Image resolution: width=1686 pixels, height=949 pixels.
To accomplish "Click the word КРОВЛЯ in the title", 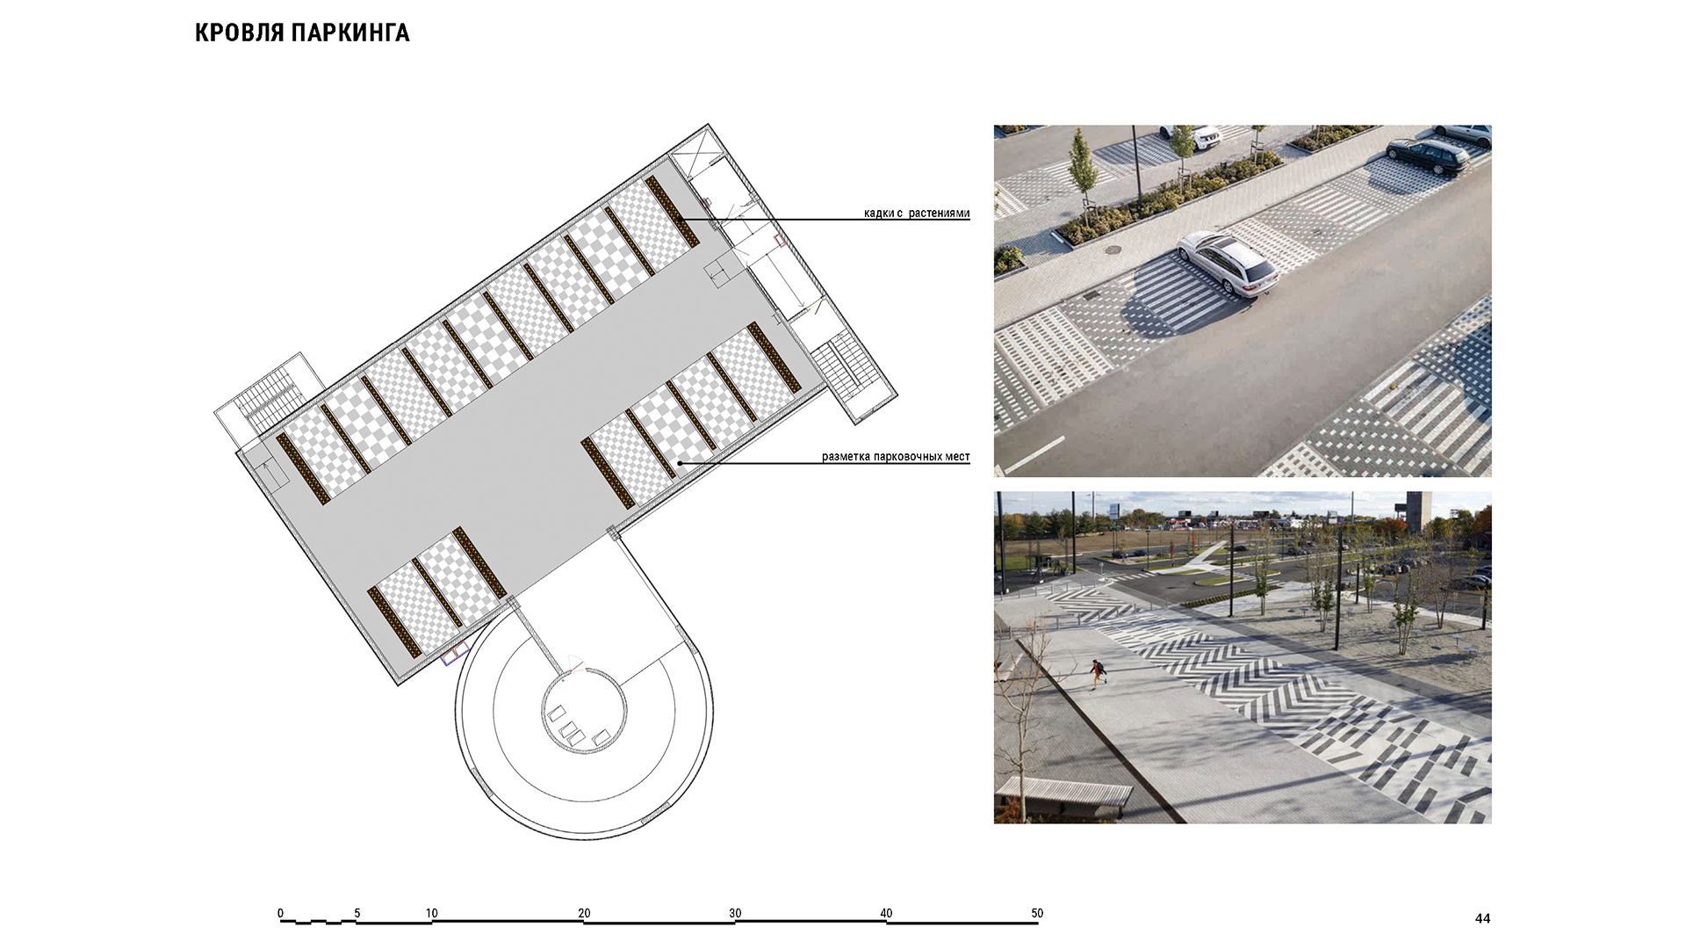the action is pyautogui.click(x=239, y=33).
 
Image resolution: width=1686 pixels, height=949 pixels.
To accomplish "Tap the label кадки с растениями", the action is pyautogui.click(x=917, y=214).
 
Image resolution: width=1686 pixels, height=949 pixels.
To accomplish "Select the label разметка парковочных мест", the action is pyautogui.click(x=896, y=457).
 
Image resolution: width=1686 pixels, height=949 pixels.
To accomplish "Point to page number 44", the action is pyautogui.click(x=1482, y=918).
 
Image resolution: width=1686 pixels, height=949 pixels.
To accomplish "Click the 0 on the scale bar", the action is pyautogui.click(x=281, y=913).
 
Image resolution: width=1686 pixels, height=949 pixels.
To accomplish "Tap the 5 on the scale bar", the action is pyautogui.click(x=357, y=913).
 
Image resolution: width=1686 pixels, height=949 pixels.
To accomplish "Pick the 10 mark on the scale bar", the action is pyautogui.click(x=432, y=913).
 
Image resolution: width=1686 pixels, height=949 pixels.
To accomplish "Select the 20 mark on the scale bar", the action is pyautogui.click(x=584, y=913).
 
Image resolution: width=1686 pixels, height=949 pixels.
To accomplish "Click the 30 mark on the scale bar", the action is pyautogui.click(x=735, y=913).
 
